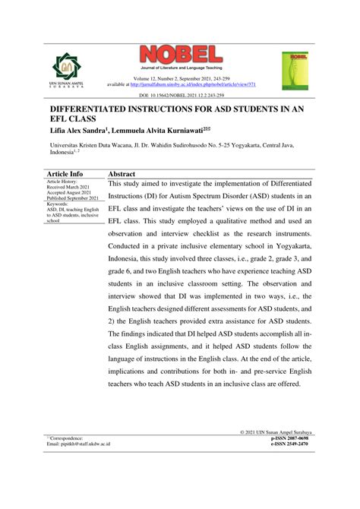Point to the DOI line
179,96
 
